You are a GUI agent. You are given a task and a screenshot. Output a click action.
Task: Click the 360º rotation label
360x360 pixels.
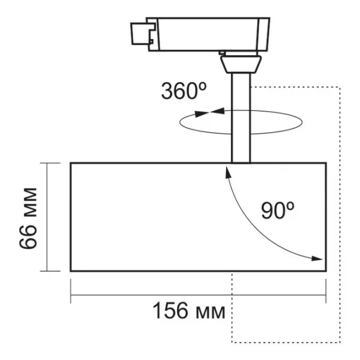pyautogui.click(x=184, y=91)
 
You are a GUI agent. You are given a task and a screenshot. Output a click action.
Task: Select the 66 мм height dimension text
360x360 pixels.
pyautogui.click(x=28, y=217)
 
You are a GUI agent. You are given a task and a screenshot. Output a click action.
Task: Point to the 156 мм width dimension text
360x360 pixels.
pyautogui.click(x=188, y=311)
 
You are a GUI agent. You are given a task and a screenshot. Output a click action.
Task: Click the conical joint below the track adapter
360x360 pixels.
pyautogui.click(x=241, y=62)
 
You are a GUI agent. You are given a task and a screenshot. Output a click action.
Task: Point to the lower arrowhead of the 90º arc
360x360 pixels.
pyautogui.click(x=317, y=259)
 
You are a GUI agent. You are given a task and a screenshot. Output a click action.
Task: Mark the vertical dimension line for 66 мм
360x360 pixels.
pyautogui.click(x=47, y=217)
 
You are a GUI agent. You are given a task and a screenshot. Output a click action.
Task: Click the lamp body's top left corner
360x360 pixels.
pyautogui.click(x=71, y=163)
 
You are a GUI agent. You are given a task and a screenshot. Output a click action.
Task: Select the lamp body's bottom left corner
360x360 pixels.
pyautogui.click(x=71, y=271)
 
